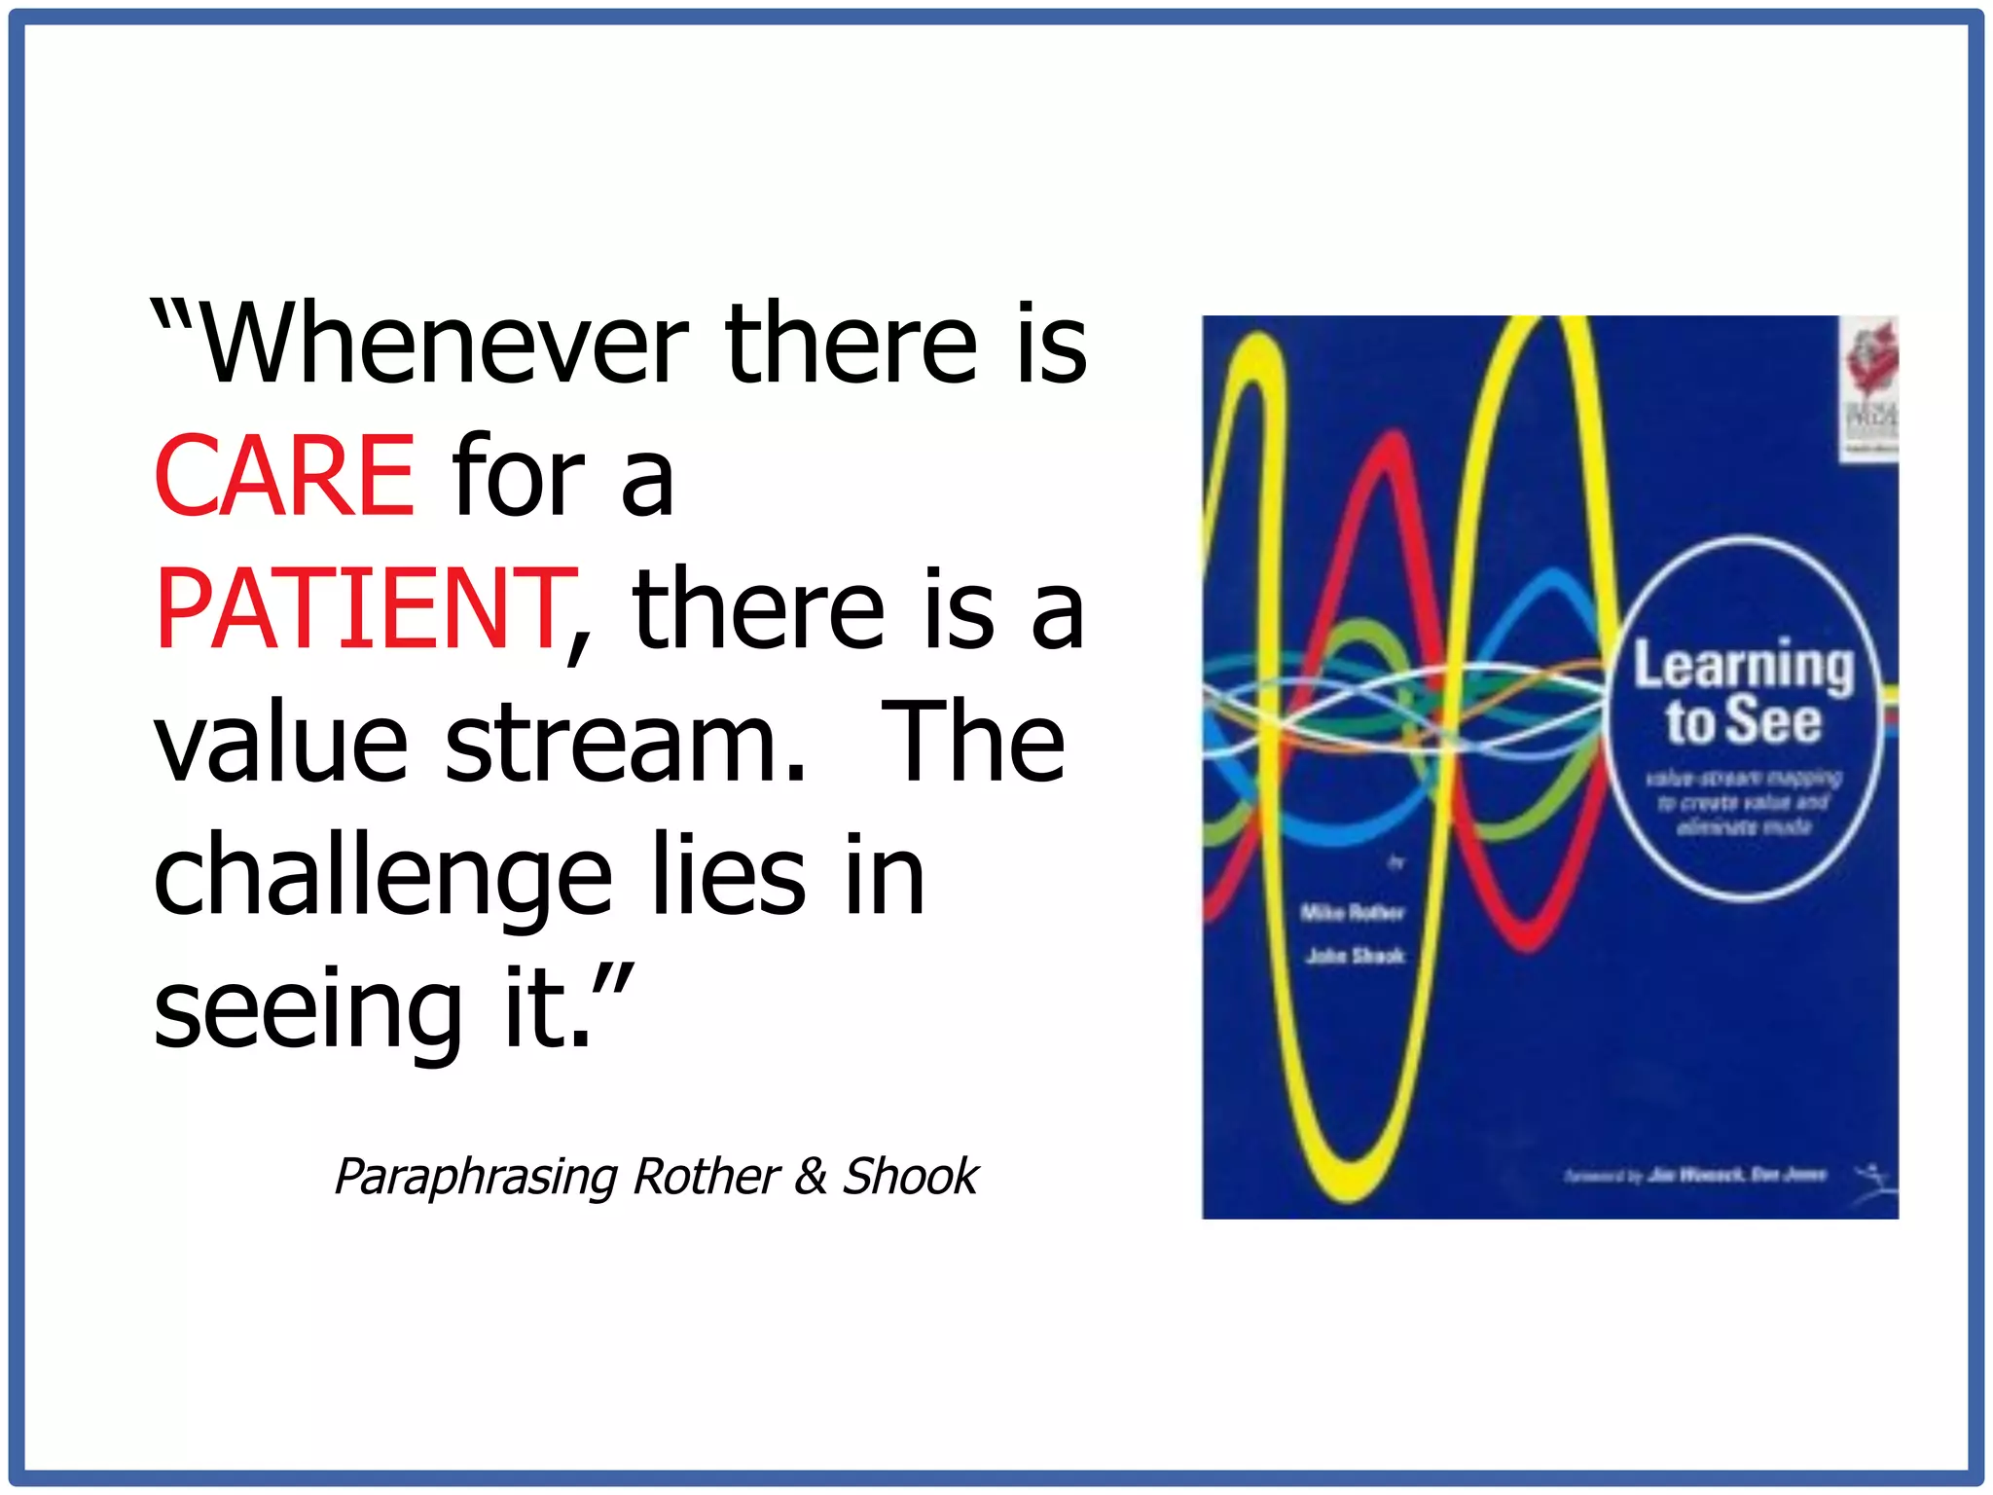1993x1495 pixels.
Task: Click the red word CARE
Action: point(284,476)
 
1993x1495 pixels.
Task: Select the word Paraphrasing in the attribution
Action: point(476,1177)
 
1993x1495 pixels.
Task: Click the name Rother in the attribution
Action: point(707,1177)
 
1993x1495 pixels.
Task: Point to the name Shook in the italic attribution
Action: point(910,1177)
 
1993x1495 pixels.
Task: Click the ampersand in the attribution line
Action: point(811,1177)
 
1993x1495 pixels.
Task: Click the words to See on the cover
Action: point(1742,721)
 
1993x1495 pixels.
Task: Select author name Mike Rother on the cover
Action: point(1353,913)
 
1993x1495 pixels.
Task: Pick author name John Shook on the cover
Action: point(1355,957)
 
